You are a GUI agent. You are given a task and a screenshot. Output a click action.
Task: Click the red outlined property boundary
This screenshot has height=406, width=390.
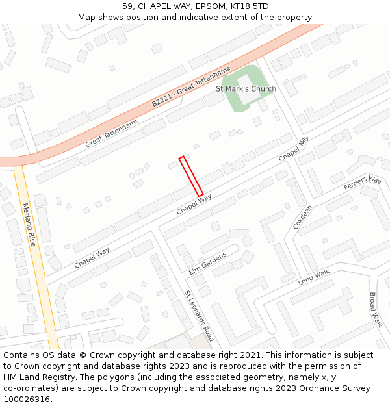191,176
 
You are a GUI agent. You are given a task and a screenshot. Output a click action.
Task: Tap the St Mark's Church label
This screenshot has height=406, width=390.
246,88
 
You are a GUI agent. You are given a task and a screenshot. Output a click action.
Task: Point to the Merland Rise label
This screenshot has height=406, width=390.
29,225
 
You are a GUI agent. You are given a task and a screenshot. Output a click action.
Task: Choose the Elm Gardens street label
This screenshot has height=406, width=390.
207,263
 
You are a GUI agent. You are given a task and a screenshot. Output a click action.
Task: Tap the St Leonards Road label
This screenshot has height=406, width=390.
199,316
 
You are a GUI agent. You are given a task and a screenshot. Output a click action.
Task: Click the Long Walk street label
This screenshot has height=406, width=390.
314,277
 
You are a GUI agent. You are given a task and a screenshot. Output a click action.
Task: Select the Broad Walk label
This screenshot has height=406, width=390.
375,310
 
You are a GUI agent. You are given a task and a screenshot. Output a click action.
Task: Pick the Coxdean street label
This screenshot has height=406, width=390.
302,217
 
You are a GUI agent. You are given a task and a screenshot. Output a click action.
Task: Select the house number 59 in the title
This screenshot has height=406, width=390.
127,6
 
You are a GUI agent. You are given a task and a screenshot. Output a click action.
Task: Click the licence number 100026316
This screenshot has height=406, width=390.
27,399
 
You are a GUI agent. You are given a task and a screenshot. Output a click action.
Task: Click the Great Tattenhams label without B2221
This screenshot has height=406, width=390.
112,133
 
